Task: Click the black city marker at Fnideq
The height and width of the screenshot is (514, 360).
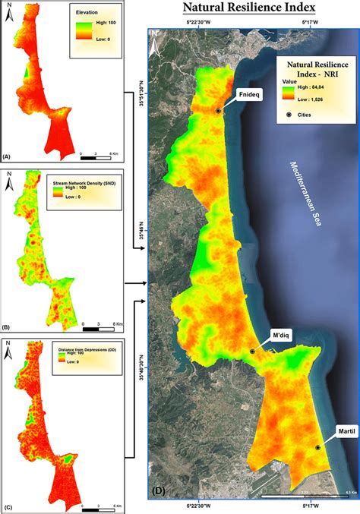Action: click(x=218, y=111)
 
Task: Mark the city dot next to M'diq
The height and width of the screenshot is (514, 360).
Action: click(x=252, y=352)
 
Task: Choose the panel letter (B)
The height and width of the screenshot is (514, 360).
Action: click(x=7, y=326)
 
